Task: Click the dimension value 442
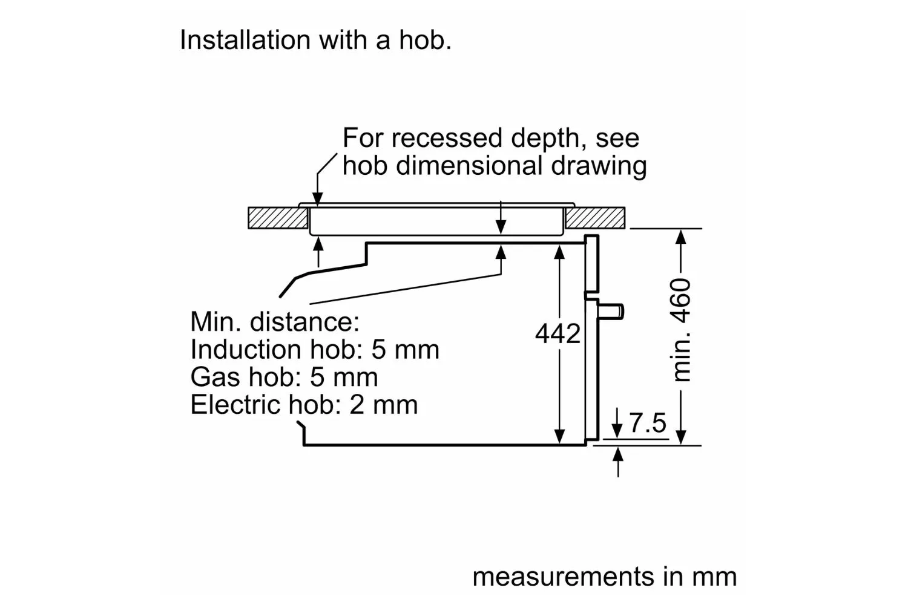tap(558, 334)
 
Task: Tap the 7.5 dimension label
tap(647, 423)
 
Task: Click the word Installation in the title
tap(245, 40)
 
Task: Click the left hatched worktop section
tap(278, 218)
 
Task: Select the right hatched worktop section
tap(595, 218)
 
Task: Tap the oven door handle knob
tap(611, 312)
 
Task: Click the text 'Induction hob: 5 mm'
tap(315, 349)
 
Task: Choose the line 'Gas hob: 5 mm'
tap(284, 377)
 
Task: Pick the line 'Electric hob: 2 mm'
tap(304, 404)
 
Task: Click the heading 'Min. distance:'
tap(275, 322)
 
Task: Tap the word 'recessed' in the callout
tap(446, 138)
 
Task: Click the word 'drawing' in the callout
tap(598, 167)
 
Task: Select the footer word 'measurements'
tap(564, 577)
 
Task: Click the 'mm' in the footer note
tap(714, 578)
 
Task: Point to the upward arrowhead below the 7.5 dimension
tap(618, 454)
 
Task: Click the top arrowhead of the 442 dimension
tap(559, 252)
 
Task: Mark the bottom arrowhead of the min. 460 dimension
tap(681, 437)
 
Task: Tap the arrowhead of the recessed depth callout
tap(318, 199)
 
